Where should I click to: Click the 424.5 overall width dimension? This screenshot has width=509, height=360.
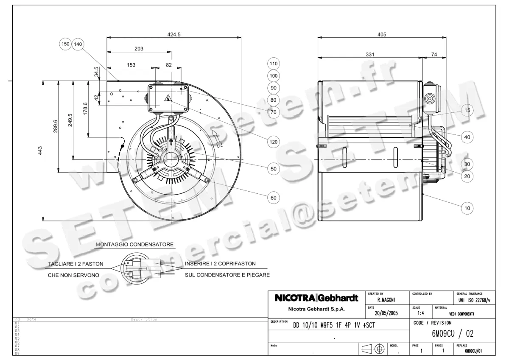pos(174,35)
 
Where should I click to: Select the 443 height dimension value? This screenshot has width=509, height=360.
pos(40,151)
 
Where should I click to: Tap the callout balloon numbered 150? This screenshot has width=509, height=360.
pos(65,44)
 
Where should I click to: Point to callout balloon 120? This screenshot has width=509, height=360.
pos(274,142)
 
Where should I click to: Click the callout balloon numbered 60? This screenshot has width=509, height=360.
pos(274,197)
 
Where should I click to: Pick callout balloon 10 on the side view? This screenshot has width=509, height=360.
pos(467,208)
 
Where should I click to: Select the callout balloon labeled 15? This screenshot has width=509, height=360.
pos(467,110)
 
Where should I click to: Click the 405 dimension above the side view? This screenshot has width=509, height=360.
pos(382,35)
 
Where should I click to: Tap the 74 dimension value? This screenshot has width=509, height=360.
pos(434,54)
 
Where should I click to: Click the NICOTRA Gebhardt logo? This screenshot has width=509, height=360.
pos(316,298)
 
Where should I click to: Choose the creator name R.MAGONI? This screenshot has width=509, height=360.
pos(386,300)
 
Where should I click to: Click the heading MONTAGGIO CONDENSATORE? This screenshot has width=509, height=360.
pos(134,245)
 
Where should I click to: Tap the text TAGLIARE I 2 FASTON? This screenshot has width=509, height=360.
pos(76,264)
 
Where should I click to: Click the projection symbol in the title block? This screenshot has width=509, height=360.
pos(373,349)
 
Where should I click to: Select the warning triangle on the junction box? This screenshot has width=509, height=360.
pos(168,98)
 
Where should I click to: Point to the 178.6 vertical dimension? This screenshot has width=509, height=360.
pos(85,109)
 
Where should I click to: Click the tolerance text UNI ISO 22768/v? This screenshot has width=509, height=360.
pos(474,300)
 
